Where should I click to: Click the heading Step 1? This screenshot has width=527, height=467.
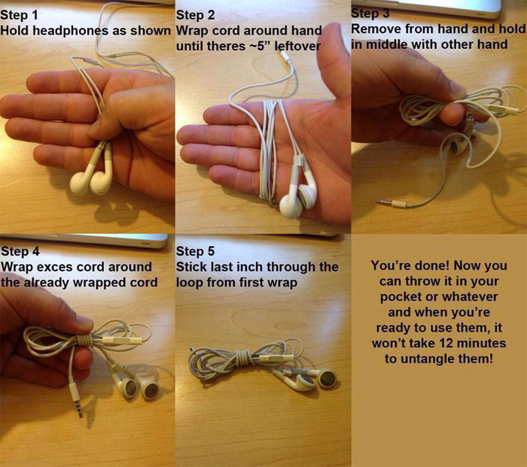tap(20, 15)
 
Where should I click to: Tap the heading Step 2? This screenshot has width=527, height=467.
tap(195, 15)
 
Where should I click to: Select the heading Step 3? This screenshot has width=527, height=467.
tap(370, 13)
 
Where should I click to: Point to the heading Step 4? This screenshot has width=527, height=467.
tap(20, 251)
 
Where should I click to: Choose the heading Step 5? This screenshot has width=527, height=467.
tap(195, 251)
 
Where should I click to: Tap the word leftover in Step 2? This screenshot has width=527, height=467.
tap(297, 46)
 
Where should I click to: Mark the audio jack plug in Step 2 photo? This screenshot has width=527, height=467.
tap(285, 56)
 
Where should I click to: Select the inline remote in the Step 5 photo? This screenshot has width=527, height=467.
tap(273, 358)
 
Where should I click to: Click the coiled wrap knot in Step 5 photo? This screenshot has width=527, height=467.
tap(241, 359)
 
